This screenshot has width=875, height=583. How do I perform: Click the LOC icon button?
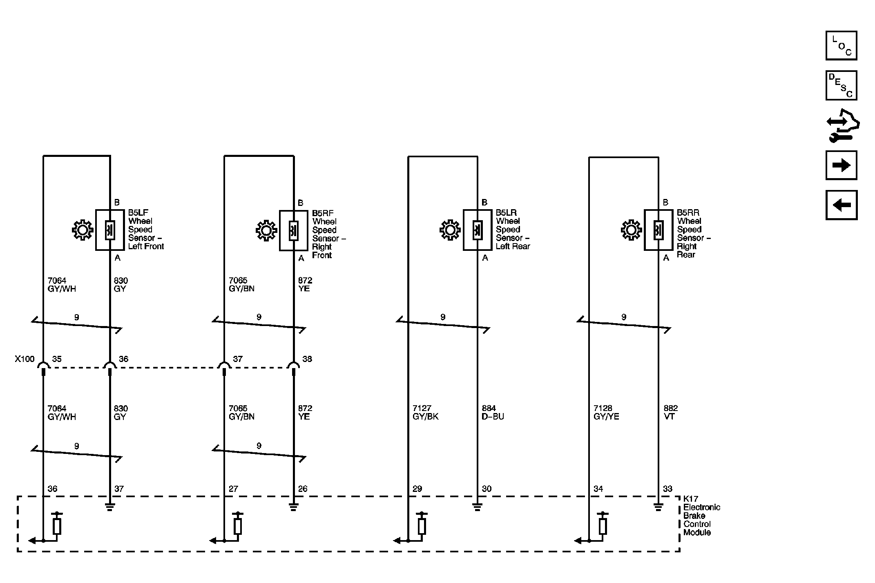(841, 45)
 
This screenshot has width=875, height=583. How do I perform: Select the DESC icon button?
(841, 85)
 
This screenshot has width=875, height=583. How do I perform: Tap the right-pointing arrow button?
(841, 165)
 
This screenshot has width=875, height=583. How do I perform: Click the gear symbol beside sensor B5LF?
(83, 230)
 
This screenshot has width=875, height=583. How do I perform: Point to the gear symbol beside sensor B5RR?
(631, 230)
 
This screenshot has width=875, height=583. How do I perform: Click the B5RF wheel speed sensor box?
(293, 230)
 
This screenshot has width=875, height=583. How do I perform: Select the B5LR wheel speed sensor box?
(477, 230)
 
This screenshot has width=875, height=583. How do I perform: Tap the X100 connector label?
(25, 359)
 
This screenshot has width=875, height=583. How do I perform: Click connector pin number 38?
(307, 359)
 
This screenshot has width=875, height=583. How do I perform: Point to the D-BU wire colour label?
(493, 417)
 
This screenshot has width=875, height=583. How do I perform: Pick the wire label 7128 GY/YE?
(606, 413)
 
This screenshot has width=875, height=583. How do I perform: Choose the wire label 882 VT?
(671, 413)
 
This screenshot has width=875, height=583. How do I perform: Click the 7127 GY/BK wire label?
(425, 413)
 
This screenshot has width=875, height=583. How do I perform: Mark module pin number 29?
(417, 489)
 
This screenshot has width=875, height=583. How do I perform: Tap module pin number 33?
(667, 489)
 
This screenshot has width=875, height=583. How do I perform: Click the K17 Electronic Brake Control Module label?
(701, 516)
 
